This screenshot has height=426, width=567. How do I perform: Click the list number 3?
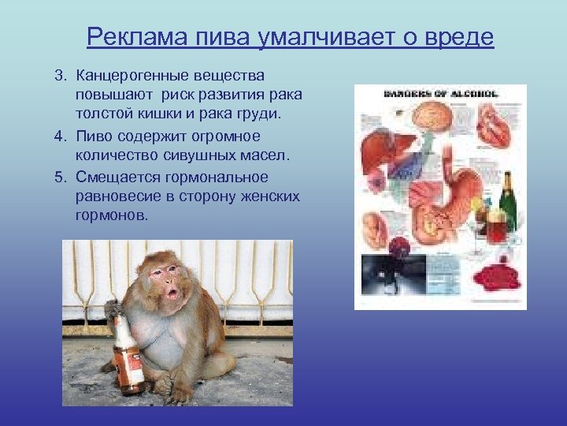point(60,75)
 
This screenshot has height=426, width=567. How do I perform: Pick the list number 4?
point(60,136)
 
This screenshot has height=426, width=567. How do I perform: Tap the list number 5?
point(60,176)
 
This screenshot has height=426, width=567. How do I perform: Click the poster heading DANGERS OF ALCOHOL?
point(441,93)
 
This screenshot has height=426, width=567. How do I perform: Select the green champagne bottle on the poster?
point(507,200)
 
